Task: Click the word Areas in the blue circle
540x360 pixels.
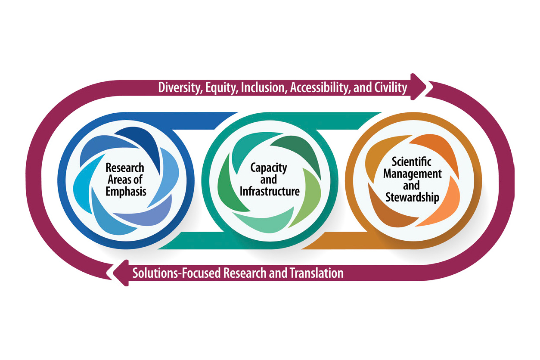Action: pos(121,179)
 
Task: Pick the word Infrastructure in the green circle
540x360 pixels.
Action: pos(270,191)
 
